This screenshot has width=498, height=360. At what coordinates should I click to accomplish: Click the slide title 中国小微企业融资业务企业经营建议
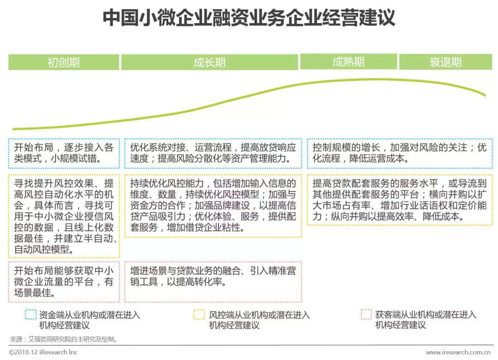(x=249, y=18)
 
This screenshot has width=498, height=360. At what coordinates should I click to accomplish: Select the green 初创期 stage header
(x=64, y=62)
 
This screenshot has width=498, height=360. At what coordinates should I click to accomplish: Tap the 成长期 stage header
(x=210, y=62)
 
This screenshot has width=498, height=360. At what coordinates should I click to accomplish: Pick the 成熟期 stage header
(x=349, y=62)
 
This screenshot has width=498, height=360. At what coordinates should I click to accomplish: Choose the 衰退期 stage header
(x=445, y=62)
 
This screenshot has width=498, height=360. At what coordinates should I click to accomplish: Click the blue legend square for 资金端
(x=30, y=315)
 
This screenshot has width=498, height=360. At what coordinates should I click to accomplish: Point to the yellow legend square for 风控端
(x=199, y=315)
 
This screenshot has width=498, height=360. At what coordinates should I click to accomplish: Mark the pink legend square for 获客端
(x=366, y=315)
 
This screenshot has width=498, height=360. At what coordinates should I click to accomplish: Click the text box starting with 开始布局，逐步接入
(x=64, y=153)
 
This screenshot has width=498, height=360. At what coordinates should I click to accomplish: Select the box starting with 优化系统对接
(x=213, y=153)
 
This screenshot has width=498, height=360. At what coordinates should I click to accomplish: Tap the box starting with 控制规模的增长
(x=400, y=153)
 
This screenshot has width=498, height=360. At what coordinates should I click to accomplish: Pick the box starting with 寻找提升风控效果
(x=64, y=216)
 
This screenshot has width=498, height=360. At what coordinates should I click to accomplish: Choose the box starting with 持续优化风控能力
(x=213, y=206)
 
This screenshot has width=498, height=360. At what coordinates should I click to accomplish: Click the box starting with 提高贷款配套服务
(x=400, y=200)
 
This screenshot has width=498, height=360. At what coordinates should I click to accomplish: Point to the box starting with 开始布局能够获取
(x=64, y=281)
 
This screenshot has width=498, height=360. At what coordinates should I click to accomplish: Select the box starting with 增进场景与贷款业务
(x=213, y=276)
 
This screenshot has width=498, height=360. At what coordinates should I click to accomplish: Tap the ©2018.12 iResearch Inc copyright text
(x=43, y=352)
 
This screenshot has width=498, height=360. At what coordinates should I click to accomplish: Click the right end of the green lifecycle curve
(x=485, y=95)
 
